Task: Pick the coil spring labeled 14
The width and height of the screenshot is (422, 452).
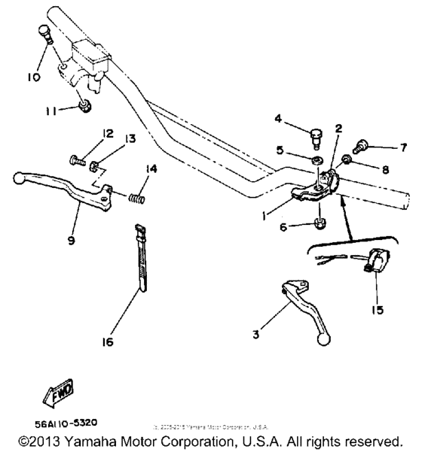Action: pyautogui.click(x=136, y=198)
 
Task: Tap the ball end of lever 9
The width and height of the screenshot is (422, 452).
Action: pyautogui.click(x=17, y=178)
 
